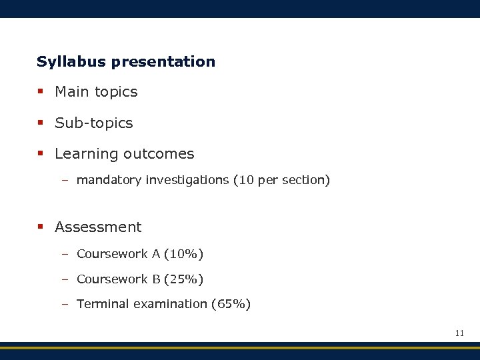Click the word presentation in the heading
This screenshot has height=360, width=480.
(x=163, y=62)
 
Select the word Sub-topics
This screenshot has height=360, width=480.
(x=94, y=123)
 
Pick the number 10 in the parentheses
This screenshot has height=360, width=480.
(x=245, y=180)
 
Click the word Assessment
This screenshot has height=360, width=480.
(x=98, y=227)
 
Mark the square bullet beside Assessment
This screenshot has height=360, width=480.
(x=41, y=227)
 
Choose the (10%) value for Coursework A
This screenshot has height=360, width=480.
(x=183, y=254)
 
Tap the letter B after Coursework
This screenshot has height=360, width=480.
(x=156, y=279)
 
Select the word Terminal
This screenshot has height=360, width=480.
(x=103, y=304)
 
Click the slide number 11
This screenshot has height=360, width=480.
(x=459, y=333)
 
